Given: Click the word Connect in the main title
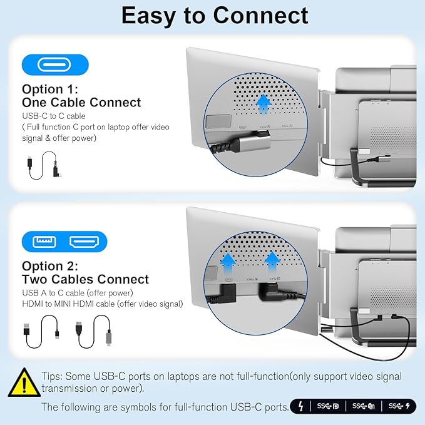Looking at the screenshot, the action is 260,16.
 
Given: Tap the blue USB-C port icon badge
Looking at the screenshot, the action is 55,64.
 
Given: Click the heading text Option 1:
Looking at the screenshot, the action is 50,89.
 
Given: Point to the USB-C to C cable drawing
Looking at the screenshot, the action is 45,165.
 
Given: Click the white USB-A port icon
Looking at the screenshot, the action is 44,242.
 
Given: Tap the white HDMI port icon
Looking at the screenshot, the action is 84,242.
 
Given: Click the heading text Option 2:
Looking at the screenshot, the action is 50,266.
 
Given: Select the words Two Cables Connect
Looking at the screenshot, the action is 85,279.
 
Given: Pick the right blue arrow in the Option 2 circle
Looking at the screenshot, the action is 272,263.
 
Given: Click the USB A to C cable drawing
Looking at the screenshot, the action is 41,331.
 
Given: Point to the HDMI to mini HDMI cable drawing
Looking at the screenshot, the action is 93,331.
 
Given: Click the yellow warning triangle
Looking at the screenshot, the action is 24,382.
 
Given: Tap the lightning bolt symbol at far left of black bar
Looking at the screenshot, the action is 301,406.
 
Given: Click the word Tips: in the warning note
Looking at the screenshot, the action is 53,376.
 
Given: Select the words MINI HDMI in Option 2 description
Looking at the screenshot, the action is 74,304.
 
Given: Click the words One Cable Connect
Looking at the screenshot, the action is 81,102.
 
